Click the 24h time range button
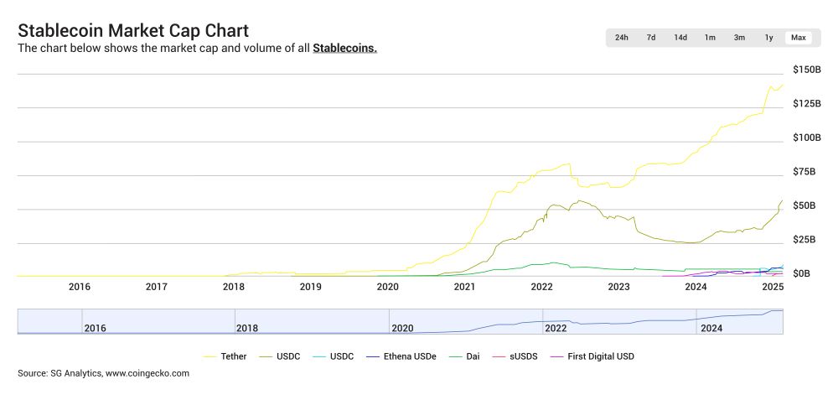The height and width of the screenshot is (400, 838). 621,38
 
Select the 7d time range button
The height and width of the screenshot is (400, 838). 651,38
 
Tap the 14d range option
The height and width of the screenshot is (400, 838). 680,38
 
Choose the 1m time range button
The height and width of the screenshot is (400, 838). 710,38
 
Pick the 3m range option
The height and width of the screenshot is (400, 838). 739,38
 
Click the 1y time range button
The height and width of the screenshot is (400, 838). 768,38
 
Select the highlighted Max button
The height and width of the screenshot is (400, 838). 798,38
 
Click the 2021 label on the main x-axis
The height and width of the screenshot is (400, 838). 464,288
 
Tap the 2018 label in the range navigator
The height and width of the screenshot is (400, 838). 247,328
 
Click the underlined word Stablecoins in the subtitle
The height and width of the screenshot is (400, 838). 344,49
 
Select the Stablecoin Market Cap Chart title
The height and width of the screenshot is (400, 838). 133,30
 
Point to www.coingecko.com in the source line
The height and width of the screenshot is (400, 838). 147,373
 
